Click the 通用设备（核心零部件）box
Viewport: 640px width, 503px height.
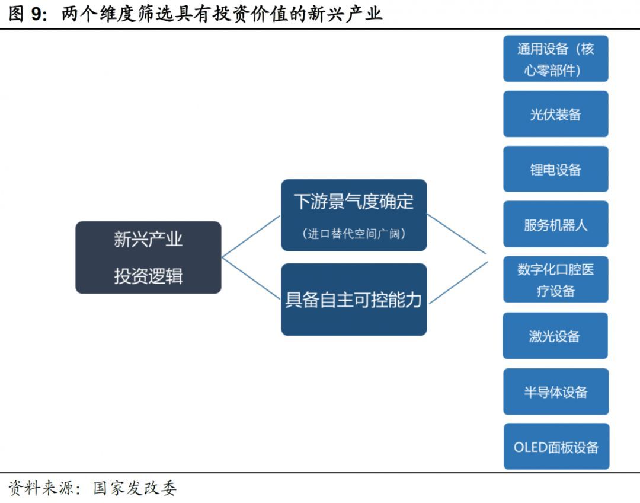pos(555,59)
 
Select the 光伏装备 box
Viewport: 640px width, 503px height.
pos(555,114)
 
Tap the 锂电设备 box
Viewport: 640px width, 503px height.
pos(555,169)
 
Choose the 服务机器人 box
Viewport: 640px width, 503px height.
pos(555,224)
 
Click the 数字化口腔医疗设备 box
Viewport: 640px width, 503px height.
pos(555,279)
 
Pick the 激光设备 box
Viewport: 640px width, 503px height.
pos(555,336)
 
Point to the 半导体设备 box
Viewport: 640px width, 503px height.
pos(555,391)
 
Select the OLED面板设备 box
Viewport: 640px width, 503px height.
pos(556,447)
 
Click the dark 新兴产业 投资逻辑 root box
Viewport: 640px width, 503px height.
pos(148,257)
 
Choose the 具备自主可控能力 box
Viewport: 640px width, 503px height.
pos(354,300)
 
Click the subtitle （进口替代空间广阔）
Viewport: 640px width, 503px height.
pos(354,234)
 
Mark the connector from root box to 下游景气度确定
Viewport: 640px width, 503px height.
pos(251,237)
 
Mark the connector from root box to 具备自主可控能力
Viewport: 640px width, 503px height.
pos(251,278)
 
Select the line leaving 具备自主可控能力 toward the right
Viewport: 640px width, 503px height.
pos(457,282)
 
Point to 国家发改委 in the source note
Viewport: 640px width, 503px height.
pos(135,488)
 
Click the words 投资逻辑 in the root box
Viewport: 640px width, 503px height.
pos(148,276)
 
